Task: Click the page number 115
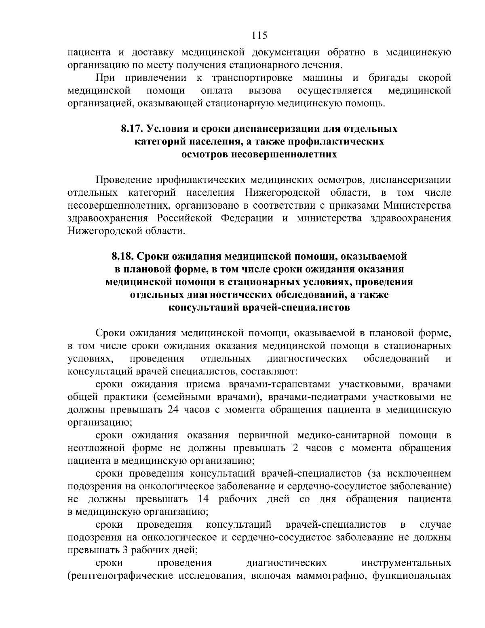[259, 35]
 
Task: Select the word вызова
[265, 91]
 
